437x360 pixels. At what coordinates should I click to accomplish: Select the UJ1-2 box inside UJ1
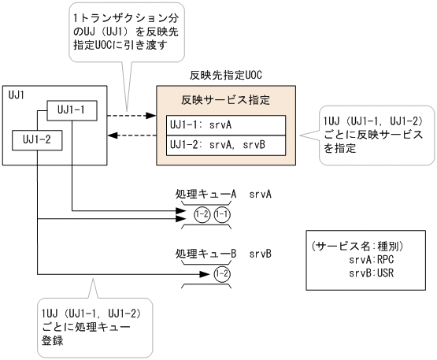tap(36, 139)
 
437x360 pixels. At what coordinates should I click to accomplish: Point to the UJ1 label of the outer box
tap(16, 95)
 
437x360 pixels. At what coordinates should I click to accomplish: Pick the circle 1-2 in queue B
tap(221, 274)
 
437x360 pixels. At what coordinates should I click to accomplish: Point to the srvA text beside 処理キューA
tap(261, 192)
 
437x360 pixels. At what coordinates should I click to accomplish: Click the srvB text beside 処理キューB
tap(261, 254)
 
